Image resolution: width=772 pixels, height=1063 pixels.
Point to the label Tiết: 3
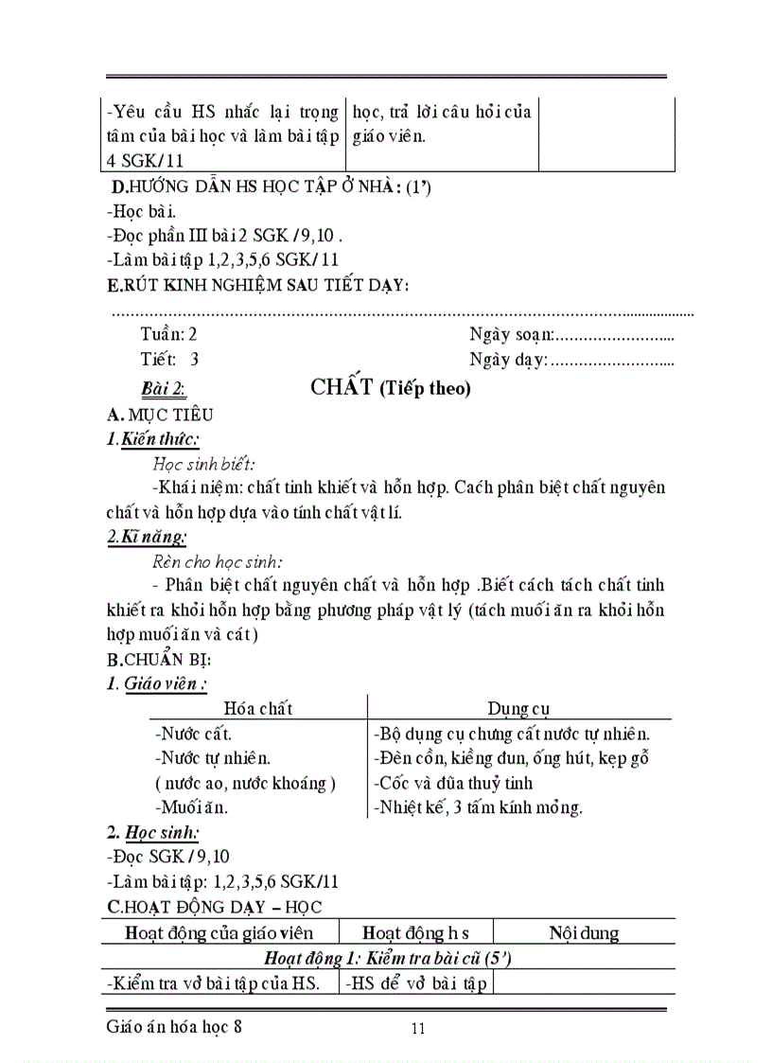pyautogui.click(x=169, y=359)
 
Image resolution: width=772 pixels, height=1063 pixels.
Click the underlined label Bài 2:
pyautogui.click(x=163, y=388)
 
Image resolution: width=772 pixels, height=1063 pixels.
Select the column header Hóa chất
pyautogui.click(x=257, y=708)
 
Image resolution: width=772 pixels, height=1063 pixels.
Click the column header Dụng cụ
pyautogui.click(x=518, y=708)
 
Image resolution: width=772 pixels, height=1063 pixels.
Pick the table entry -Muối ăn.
pyautogui.click(x=190, y=807)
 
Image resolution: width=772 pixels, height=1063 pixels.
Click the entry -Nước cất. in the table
pyautogui.click(x=192, y=734)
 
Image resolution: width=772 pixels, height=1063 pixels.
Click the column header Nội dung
pyautogui.click(x=584, y=933)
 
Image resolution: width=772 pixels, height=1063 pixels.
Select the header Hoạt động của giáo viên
pyautogui.click(x=219, y=933)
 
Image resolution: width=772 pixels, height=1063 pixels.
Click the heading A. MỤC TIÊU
pyautogui.click(x=160, y=415)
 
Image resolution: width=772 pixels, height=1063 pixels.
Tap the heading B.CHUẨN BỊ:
pyautogui.click(x=159, y=659)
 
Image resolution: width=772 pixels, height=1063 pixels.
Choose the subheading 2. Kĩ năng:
pyautogui.click(x=147, y=537)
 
